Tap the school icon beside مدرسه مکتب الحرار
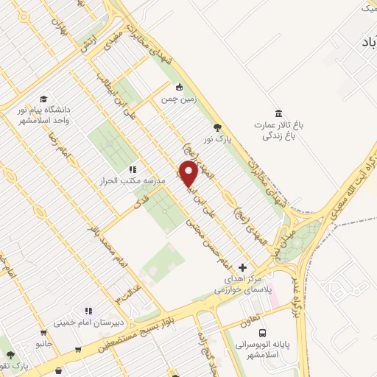coord(133,169)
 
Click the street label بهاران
coord(59,27)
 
